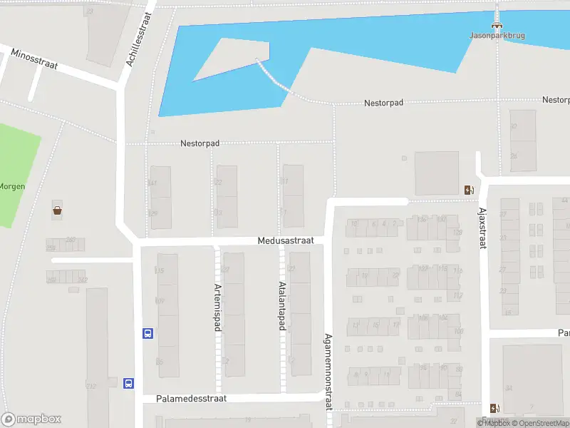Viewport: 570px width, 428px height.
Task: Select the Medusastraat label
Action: [x=286, y=241]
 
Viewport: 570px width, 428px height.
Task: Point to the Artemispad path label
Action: [x=217, y=307]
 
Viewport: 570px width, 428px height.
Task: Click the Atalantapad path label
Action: [x=281, y=305]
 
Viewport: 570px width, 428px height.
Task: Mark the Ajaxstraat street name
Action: [x=482, y=228]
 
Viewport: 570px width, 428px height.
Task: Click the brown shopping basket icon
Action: [x=57, y=210]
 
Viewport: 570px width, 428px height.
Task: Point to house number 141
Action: [x=152, y=183]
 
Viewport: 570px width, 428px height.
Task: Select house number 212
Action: [x=90, y=387]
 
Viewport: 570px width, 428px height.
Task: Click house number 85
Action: [x=159, y=362]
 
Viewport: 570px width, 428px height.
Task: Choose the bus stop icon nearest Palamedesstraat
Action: [x=129, y=383]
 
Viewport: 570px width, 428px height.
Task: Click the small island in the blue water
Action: [x=235, y=57]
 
